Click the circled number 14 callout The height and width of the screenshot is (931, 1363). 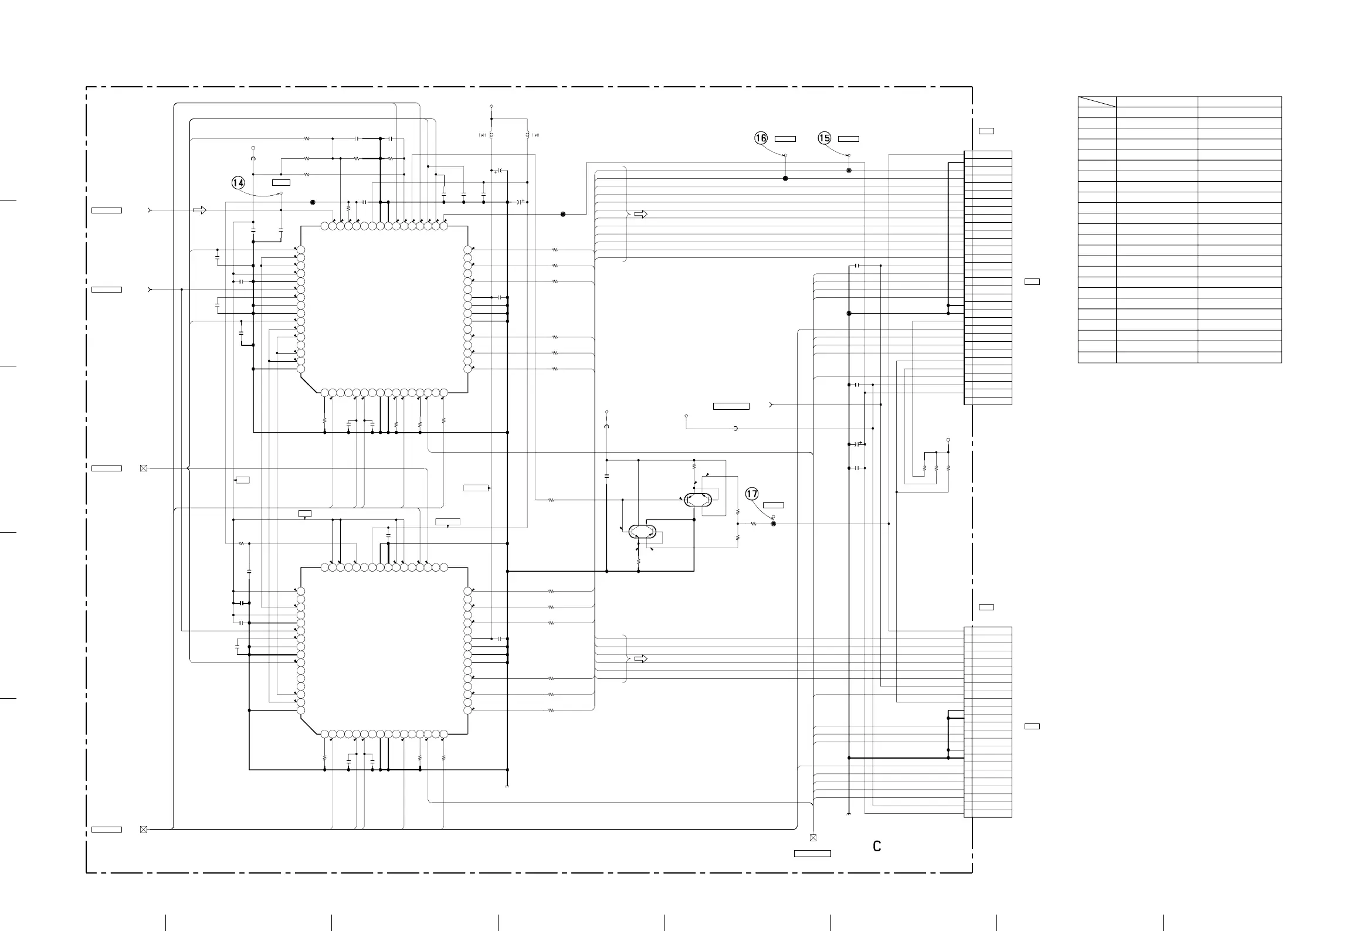[238, 184]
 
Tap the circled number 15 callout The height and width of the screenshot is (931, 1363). [825, 138]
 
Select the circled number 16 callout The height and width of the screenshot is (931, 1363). [761, 138]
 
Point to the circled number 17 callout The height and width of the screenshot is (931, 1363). [752, 494]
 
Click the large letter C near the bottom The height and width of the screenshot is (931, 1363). [877, 846]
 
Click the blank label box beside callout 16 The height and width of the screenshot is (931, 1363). [785, 139]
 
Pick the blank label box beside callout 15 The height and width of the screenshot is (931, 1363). [849, 139]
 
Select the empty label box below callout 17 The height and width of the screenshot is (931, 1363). [774, 505]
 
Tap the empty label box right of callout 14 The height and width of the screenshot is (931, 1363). [282, 183]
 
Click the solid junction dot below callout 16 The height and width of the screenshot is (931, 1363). [785, 178]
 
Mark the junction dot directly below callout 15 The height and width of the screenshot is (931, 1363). [849, 171]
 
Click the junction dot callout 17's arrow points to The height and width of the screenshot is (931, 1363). [773, 524]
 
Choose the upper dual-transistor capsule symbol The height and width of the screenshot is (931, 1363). [698, 500]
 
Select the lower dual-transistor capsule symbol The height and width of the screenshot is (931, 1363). [642, 532]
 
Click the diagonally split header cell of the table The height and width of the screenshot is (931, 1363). [1097, 102]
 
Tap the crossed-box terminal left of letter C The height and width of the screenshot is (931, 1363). [813, 838]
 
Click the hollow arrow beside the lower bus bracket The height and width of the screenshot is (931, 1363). [641, 659]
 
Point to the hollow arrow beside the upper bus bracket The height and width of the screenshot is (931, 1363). [641, 215]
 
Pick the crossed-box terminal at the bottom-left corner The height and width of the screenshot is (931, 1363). [144, 830]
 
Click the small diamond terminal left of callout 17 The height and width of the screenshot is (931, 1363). [686, 416]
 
